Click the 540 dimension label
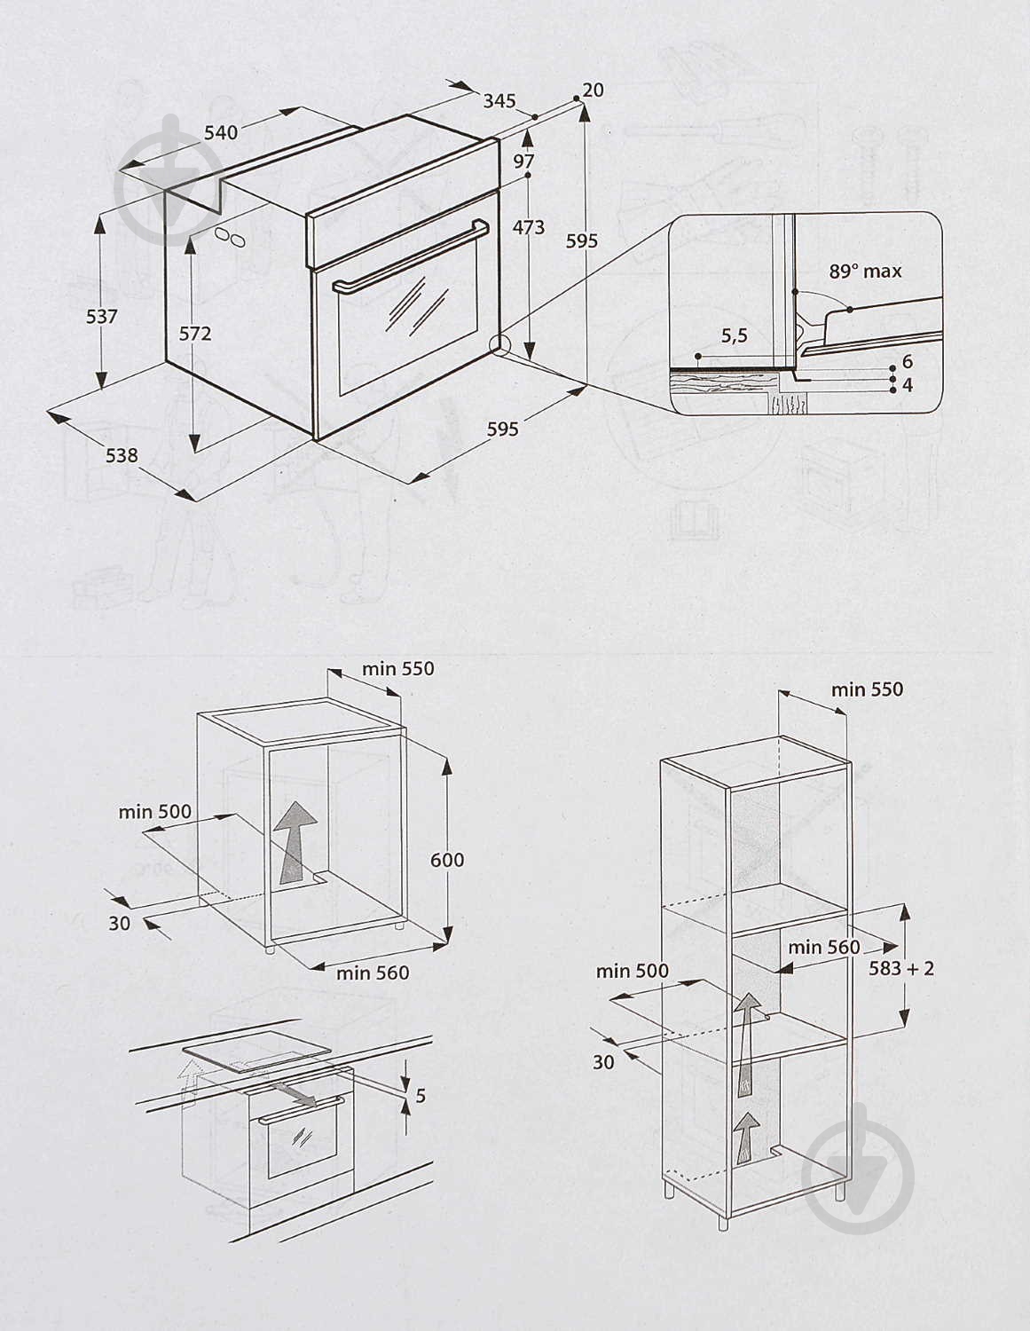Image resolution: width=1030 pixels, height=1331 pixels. [221, 132]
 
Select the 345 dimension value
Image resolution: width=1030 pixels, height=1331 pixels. [499, 100]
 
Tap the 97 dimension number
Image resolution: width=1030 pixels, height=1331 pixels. [524, 161]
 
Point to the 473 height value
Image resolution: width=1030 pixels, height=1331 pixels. [529, 227]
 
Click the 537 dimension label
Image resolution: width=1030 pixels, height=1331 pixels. [101, 316]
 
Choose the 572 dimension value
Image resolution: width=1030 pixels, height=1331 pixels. [195, 333]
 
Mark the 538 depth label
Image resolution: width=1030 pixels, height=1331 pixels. [122, 455]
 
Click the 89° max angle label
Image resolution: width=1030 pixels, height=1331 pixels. [865, 272]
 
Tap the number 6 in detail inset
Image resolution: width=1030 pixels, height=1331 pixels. [908, 361]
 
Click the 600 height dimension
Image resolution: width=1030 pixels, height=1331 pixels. [447, 859]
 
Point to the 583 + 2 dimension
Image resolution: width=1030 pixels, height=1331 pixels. [902, 967]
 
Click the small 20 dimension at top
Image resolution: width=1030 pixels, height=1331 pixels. [594, 90]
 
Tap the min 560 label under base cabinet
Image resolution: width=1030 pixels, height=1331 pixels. [373, 973]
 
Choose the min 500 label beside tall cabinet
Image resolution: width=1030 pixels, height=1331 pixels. [632, 971]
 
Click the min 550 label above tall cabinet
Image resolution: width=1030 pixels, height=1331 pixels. [867, 689]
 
